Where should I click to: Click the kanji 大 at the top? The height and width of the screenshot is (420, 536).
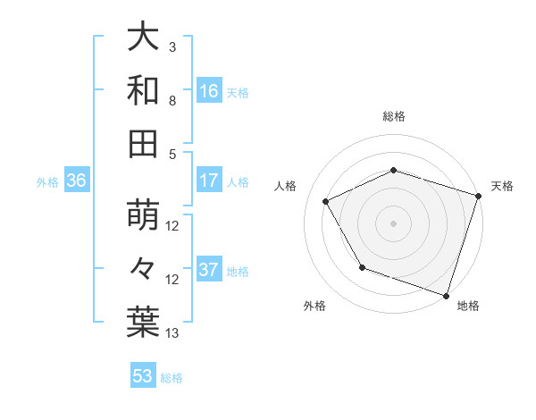pos(144,38)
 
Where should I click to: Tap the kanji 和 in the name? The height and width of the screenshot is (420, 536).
pos(144,90)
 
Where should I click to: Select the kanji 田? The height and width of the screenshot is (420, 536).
pos(144,142)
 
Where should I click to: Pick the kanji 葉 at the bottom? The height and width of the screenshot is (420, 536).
pos(144,321)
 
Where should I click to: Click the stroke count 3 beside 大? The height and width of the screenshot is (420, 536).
pos(172,46)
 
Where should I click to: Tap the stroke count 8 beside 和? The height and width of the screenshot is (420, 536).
pos(172,102)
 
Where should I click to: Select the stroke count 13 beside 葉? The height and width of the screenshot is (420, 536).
pos(172,333)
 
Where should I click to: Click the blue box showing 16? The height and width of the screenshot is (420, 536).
pos(209,91)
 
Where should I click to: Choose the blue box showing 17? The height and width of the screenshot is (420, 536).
pos(209,181)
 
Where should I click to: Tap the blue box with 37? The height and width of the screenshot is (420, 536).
pos(209,271)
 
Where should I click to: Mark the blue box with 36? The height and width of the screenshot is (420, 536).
pos(77,181)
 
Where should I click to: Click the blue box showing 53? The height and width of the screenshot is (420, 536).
pos(143,377)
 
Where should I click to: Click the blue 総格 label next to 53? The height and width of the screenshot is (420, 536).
pos(172,378)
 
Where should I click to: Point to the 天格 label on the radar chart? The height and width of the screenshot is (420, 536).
pos(502,186)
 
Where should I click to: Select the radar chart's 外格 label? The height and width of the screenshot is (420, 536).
pos(314,307)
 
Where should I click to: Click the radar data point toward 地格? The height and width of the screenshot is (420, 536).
pos(445,295)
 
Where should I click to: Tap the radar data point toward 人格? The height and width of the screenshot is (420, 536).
pos(326,202)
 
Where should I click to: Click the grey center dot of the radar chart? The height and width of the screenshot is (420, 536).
pos(393,223)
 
